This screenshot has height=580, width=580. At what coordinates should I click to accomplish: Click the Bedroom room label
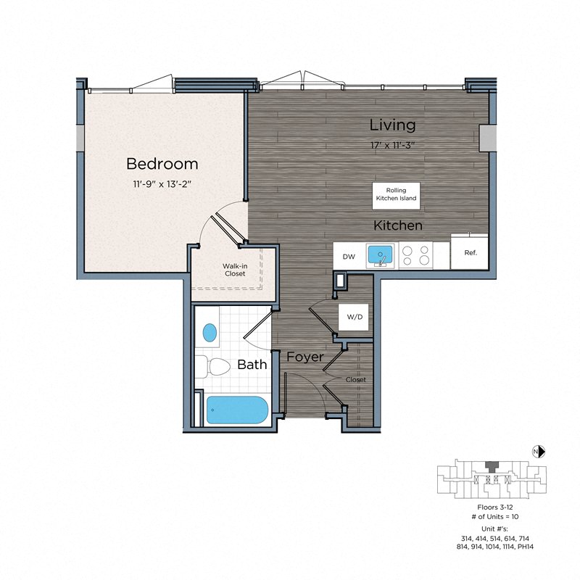[x=162, y=163]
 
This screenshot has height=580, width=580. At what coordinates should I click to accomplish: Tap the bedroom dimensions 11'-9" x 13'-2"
[x=162, y=184]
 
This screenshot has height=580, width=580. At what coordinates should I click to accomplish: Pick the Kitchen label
[x=397, y=225]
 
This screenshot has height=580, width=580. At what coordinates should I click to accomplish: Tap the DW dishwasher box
[x=349, y=256]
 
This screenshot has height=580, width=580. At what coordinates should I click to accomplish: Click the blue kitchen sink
[x=379, y=255]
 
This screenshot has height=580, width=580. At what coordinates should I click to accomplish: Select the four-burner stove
[x=415, y=255]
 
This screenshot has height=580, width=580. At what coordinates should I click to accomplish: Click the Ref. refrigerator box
[x=470, y=252]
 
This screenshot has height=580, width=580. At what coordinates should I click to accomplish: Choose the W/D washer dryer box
[x=355, y=317]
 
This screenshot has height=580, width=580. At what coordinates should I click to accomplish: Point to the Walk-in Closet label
[x=234, y=270]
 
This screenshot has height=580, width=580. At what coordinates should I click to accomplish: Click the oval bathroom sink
[x=210, y=333]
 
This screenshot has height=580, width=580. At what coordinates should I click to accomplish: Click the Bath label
[x=252, y=365]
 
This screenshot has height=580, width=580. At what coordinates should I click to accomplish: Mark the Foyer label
[x=304, y=357]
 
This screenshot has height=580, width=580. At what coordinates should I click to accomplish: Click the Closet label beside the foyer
[x=355, y=379]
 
